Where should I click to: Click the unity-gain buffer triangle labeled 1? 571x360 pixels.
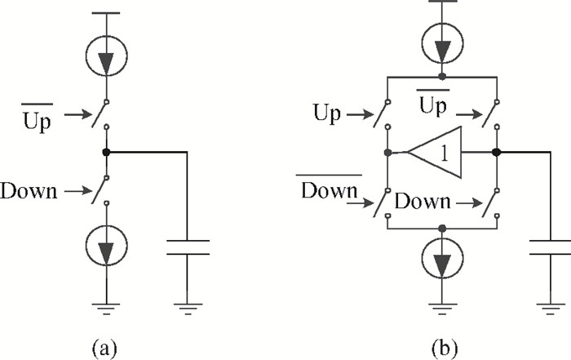pyautogui.click(x=436, y=152)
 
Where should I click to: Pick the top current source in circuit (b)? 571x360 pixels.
pyautogui.click(x=441, y=39)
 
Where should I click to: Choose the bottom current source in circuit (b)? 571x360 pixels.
pyautogui.click(x=441, y=259)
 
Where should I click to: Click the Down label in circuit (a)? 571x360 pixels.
pyautogui.click(x=29, y=193)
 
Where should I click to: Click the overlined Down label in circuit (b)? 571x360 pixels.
pyautogui.click(x=330, y=190)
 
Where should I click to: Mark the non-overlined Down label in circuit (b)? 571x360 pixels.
pyautogui.click(x=422, y=201)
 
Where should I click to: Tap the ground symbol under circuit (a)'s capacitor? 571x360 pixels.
pyautogui.click(x=187, y=309)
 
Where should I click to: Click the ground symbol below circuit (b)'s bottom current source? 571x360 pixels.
pyautogui.click(x=441, y=309)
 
